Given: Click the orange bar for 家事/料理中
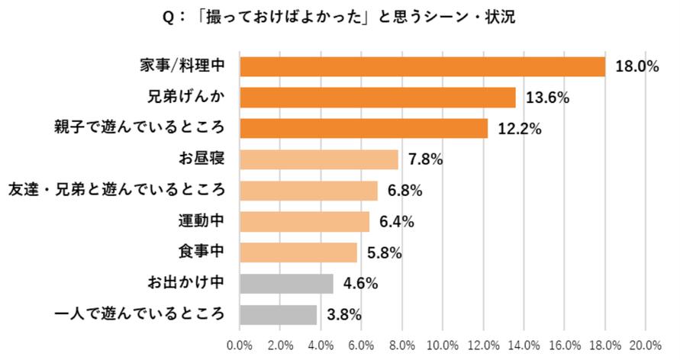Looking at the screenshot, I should click(x=422, y=66).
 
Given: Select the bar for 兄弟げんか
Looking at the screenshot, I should click(x=378, y=98).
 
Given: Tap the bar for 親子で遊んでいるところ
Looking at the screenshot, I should click(x=363, y=129).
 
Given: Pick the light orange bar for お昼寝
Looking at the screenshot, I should click(x=319, y=159).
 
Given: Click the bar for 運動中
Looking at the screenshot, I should click(x=305, y=221).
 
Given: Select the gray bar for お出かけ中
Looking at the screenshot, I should click(x=286, y=283).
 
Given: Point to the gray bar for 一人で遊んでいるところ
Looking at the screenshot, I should click(x=278, y=314).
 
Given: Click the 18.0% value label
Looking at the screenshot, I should click(x=637, y=67).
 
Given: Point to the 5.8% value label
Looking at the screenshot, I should click(x=385, y=253).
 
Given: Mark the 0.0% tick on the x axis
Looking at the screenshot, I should click(x=240, y=344).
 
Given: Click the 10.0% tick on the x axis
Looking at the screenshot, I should click(x=443, y=344).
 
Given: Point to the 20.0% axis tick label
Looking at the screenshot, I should click(x=646, y=344).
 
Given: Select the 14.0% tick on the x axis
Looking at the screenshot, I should click(x=524, y=344).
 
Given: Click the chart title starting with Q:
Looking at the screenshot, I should click(x=340, y=17).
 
